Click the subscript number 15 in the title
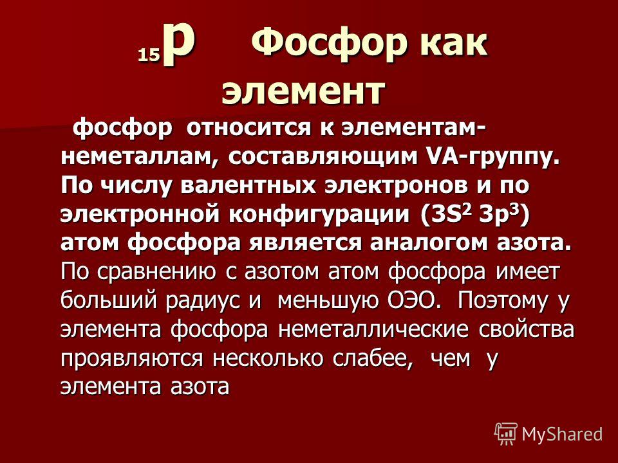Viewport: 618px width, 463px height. coord(149,55)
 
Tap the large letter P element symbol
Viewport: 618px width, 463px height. coord(180,44)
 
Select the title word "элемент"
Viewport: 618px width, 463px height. coord(303,92)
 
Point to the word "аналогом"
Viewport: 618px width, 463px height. coord(427,243)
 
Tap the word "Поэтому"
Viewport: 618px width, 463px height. coord(503,300)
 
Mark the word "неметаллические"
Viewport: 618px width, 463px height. coord(373,329)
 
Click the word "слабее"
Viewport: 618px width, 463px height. coord(373,358)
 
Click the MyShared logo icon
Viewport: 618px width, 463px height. coord(506,434)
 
